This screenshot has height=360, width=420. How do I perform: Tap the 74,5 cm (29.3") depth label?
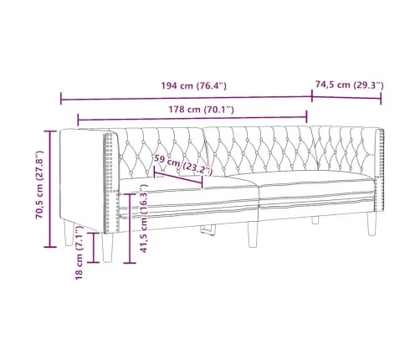(349, 84)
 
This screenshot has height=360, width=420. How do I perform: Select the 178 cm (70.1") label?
(192, 109)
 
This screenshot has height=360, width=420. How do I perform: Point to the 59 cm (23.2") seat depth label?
(183, 167)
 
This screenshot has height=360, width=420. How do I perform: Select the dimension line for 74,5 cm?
(347, 99)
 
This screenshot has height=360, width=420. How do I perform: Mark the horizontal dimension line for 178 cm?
(192, 121)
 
